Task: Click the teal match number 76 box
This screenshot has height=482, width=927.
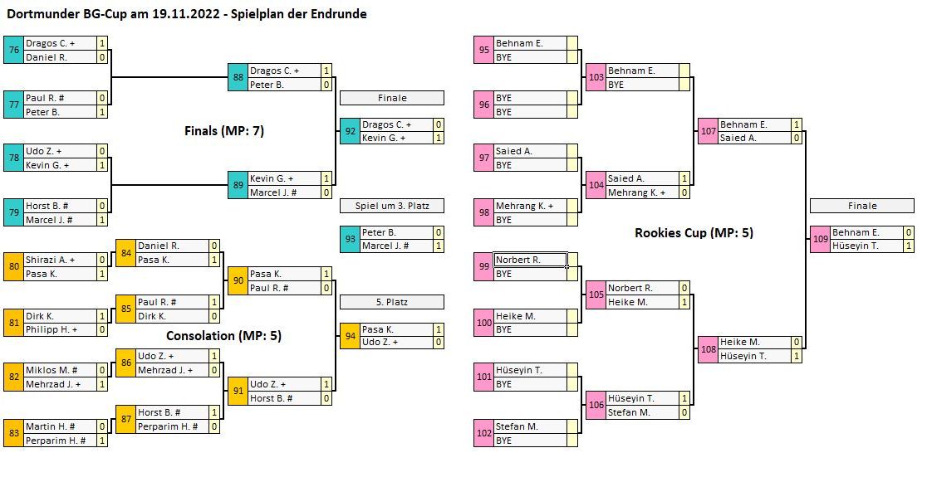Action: (13, 50)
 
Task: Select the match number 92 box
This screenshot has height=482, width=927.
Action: (349, 131)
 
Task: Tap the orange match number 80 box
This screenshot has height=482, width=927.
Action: (13, 266)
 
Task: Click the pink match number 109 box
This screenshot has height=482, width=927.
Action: (819, 239)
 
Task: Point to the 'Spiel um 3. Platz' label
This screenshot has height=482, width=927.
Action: (392, 206)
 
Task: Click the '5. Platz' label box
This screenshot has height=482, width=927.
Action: (392, 302)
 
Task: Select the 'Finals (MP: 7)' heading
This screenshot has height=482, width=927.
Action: (224, 130)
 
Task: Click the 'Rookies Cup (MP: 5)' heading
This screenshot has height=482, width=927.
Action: (694, 233)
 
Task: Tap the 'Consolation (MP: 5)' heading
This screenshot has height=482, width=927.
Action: (224, 336)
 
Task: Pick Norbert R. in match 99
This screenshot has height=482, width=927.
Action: (530, 260)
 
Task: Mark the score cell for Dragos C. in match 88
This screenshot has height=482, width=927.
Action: (326, 71)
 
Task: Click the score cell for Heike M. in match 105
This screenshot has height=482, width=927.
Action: (684, 302)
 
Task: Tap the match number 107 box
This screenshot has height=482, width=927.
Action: (708, 131)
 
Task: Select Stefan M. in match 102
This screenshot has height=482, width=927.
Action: (530, 426)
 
